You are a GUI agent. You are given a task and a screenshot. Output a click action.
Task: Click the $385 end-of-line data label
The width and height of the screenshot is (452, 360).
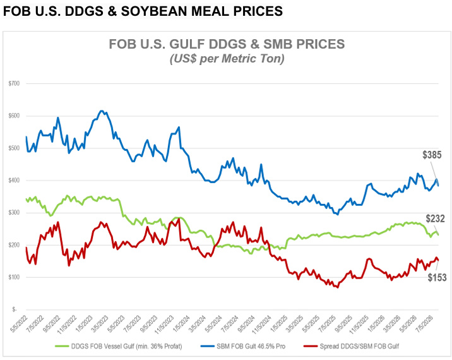tap(432, 155)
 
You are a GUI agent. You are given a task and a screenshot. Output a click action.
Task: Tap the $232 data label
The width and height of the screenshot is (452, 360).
tap(436, 219)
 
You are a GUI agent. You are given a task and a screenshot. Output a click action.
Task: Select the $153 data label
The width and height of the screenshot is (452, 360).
tap(437, 277)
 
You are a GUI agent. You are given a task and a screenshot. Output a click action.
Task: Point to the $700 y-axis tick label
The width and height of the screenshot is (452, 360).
tap(14, 83)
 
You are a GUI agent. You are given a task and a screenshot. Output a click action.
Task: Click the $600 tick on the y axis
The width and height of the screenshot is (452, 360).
tap(14, 116)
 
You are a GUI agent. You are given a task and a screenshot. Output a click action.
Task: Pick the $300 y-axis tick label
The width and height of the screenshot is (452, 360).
tap(14, 213)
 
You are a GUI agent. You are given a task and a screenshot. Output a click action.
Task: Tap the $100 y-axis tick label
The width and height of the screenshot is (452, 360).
tap(14, 277)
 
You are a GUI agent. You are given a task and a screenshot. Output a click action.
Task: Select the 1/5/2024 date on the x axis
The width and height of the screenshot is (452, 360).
tap(182, 323)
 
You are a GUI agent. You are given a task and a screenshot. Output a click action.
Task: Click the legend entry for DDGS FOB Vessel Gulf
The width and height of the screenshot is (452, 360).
tap(118, 346)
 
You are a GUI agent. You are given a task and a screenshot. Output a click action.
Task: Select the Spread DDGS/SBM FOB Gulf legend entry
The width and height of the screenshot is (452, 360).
tap(352, 346)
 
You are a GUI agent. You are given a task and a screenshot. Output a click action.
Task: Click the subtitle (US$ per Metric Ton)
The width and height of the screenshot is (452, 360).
tap(227, 59)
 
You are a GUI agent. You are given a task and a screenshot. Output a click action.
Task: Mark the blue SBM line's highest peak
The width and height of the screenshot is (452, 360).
tap(101, 111)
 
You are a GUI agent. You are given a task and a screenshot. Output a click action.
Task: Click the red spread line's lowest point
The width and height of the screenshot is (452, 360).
tap(337, 287)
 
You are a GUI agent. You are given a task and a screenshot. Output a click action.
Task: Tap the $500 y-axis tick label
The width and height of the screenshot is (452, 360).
tap(14, 148)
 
